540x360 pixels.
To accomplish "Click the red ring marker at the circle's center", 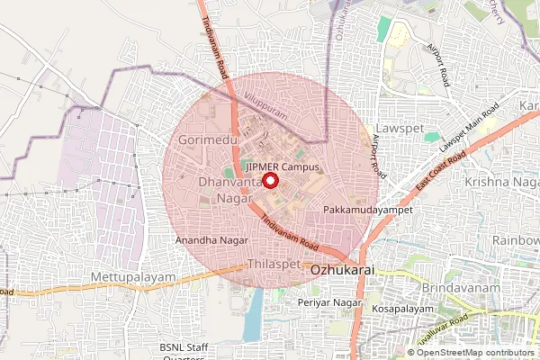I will tap(270, 180).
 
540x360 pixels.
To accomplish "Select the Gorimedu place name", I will tap(207, 142).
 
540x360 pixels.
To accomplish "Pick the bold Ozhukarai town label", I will tap(342, 269).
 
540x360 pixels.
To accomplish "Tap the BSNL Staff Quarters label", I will tap(184, 352).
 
